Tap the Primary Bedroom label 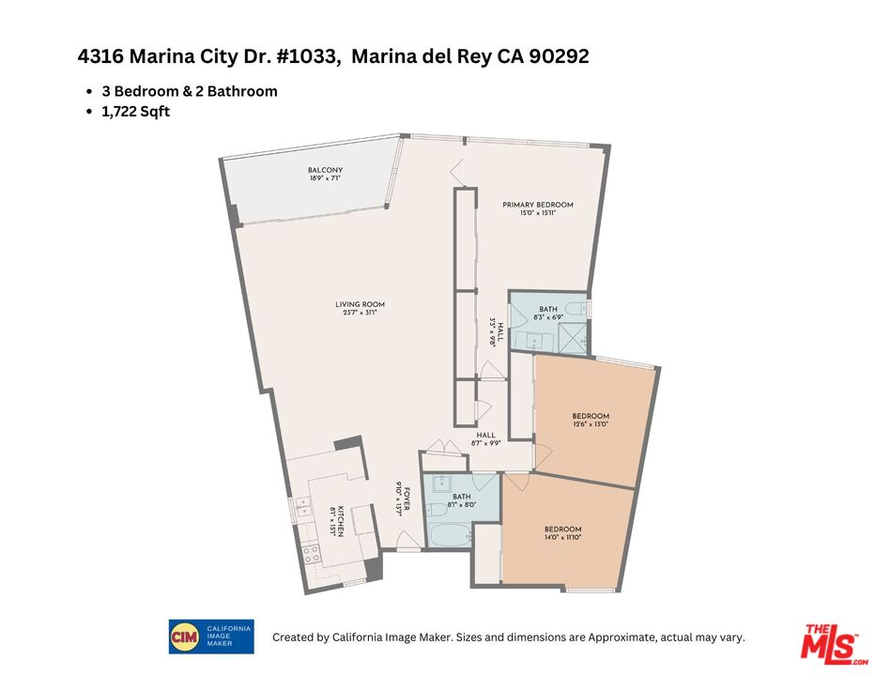(537, 205)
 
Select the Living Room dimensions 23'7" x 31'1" (360, 314)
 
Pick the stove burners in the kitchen (311, 553)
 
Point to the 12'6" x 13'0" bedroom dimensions (591, 424)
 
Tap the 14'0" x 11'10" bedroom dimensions (563, 538)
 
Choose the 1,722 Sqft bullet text (136, 111)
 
